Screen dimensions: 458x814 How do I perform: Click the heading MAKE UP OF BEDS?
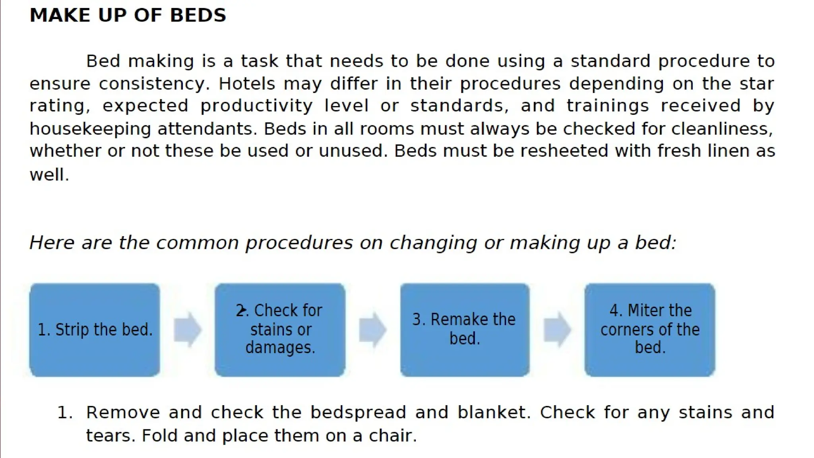[128, 16]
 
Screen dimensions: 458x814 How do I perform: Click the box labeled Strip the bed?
[95, 330]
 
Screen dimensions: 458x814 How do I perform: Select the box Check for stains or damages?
[280, 330]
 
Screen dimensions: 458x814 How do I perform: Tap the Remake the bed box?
[464, 330]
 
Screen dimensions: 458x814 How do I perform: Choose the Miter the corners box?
[649, 330]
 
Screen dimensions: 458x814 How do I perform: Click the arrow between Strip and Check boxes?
[187, 330]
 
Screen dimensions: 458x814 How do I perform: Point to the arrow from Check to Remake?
[372, 330]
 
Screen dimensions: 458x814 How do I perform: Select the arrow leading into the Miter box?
[557, 330]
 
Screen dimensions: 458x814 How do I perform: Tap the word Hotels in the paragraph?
[247, 84]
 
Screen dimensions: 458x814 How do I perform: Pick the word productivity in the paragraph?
[256, 106]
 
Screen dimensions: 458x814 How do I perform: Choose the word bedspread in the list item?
[358, 413]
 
